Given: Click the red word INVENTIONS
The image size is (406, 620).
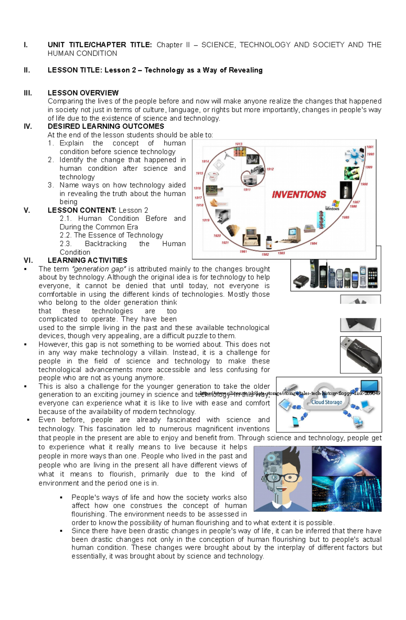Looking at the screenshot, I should pyautogui.click(x=299, y=195).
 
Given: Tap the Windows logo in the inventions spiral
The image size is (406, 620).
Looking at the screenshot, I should pyautogui.click(x=335, y=203).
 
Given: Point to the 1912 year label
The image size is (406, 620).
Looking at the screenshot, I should pyautogui.click(x=270, y=169).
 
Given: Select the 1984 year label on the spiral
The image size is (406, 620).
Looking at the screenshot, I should pyautogui.click(x=313, y=243).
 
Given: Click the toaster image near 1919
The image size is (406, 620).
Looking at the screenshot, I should pyautogui.click(x=223, y=216).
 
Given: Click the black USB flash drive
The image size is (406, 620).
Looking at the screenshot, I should pyautogui.click(x=361, y=355).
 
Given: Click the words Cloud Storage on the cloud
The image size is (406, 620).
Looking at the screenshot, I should pyautogui.click(x=326, y=402).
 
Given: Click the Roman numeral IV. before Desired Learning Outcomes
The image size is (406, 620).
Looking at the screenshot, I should pyautogui.click(x=28, y=126).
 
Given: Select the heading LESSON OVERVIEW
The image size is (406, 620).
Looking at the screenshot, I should pyautogui.click(x=83, y=93).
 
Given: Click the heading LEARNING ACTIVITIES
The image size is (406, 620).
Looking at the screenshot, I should pyautogui.click(x=87, y=261).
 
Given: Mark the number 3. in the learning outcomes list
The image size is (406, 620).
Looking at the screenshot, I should pyautogui.click(x=51, y=185).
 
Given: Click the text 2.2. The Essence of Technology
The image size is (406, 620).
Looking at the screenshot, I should pyautogui.click(x=111, y=235).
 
